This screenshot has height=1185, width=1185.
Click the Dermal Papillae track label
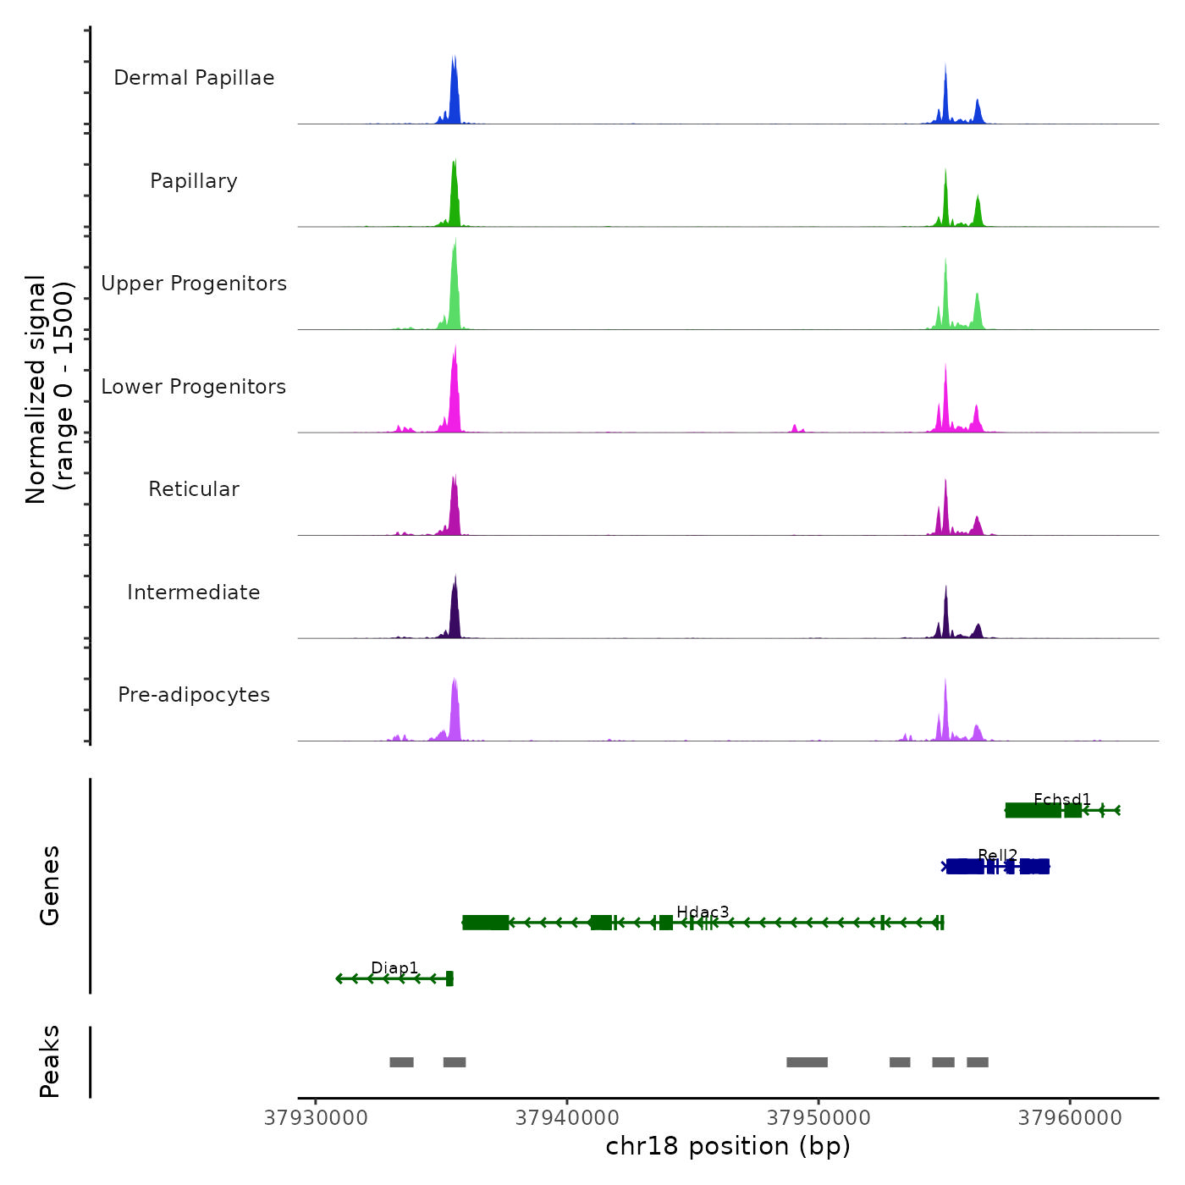[194, 78]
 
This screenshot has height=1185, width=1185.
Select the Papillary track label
[194, 181]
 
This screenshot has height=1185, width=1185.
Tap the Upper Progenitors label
[194, 284]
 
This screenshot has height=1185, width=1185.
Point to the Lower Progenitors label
[194, 387]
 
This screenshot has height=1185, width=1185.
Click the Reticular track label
[194, 489]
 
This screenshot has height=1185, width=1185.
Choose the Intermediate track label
[194, 592]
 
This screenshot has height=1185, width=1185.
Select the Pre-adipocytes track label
[194, 695]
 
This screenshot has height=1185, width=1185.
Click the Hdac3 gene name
[703, 912]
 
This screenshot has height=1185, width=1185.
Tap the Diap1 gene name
[394, 967]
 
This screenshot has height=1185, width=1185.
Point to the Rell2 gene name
[997, 855]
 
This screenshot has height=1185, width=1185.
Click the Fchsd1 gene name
[1062, 799]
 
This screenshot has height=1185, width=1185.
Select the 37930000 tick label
[316, 1118]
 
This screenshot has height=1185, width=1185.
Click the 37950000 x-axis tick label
[818, 1118]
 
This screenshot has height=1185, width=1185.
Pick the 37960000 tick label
[1070, 1118]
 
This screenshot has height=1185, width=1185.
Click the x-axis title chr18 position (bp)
[728, 1146]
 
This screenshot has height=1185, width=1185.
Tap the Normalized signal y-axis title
[49, 389]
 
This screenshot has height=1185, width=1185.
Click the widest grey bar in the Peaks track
[807, 1062]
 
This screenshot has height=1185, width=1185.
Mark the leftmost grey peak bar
[401, 1062]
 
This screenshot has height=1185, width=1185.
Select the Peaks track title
[50, 1061]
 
